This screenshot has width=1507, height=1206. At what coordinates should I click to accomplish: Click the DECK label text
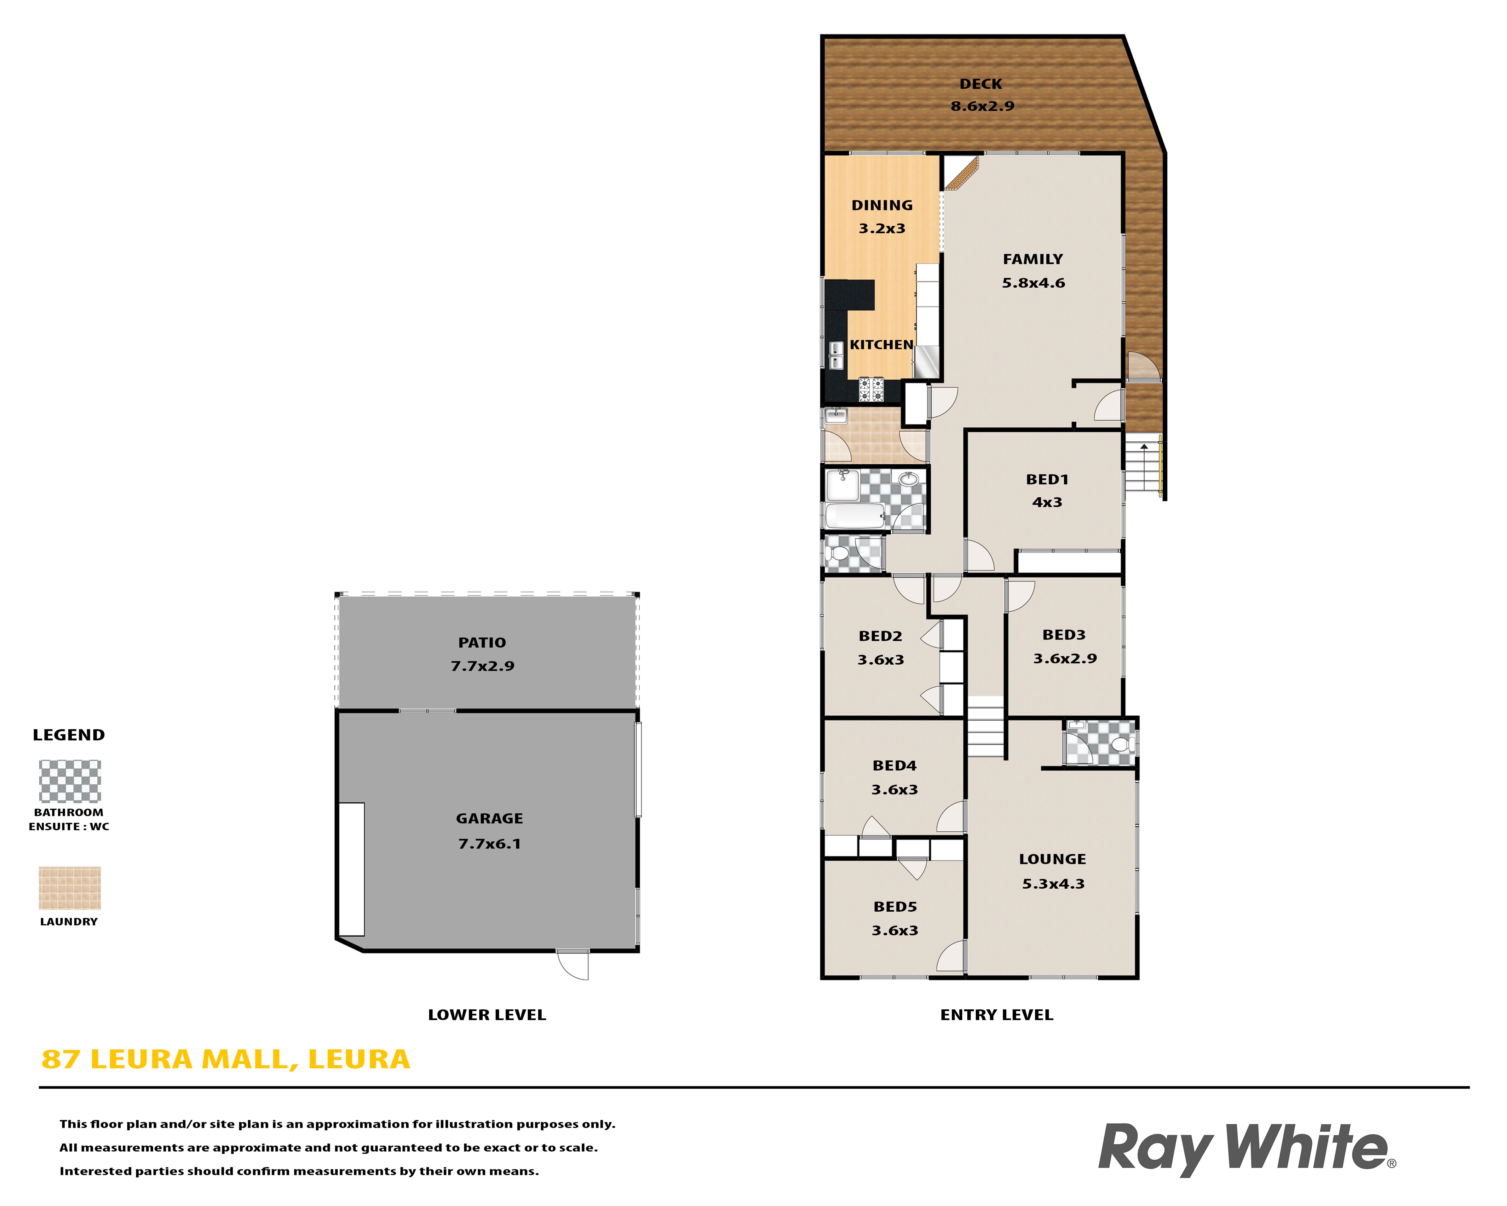[981, 84]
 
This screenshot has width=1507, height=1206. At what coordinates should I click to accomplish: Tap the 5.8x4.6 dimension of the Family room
[1033, 283]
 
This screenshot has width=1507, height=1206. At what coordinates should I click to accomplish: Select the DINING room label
[882, 205]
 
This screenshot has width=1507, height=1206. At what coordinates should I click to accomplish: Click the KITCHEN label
[881, 345]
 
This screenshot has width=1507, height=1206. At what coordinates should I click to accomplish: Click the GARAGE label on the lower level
[489, 819]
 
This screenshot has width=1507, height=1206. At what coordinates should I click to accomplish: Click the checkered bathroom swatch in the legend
[70, 781]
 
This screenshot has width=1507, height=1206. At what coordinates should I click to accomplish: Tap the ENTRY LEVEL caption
[997, 1015]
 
